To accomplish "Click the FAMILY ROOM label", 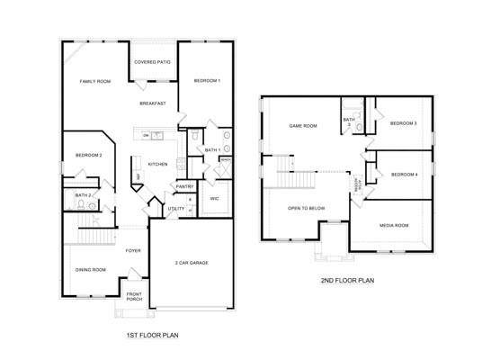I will pos(94,82).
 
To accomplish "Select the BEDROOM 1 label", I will pos(207,82).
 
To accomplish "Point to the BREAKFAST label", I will pos(153,104).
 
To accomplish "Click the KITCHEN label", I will pos(158,164).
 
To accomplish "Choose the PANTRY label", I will pos(185,186).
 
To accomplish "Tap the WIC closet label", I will pos(214,198).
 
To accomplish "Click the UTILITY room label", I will pos(176,209).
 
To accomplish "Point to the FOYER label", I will pos(133,250).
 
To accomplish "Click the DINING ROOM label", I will pos(92,270).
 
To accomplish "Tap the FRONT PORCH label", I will pos(134,297).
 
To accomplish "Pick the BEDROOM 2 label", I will pos(88,156).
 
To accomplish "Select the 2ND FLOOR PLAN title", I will pos(347,280).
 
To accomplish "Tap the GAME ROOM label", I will pos(302,126).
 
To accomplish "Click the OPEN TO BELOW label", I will pos(306,208).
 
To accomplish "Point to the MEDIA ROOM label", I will pos(394,225).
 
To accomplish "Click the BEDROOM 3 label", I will pos(403,123).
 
